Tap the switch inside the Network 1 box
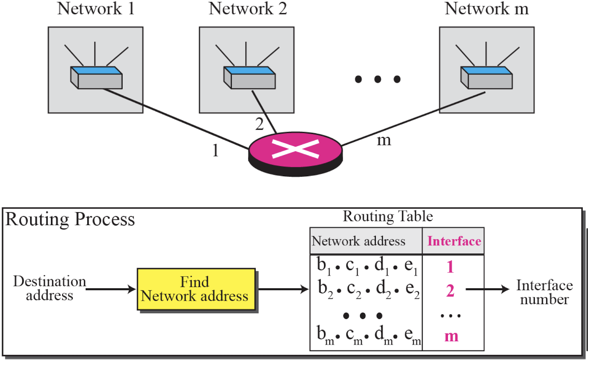96,77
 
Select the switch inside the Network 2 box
250,77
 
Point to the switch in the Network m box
486,77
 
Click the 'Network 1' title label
96,9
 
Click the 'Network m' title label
487,9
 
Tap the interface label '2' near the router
260,124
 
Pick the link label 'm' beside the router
384,141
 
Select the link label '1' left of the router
216,151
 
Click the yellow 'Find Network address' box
196,289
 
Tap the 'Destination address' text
50,288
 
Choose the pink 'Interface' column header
454,241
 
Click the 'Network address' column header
358,241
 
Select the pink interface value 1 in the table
450,267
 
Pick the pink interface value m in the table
452,337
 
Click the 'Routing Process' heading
70,220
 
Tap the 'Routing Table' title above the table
388,216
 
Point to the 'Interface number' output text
544,292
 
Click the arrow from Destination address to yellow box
111,289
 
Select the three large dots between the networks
377,79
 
